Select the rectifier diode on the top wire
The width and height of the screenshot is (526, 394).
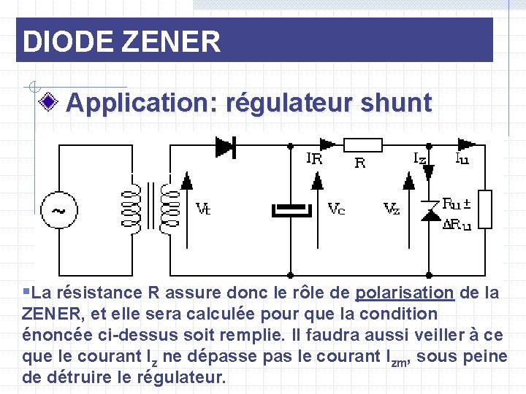click(x=225, y=147)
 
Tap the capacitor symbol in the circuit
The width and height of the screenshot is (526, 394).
click(x=291, y=210)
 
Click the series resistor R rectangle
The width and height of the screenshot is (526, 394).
click(x=362, y=146)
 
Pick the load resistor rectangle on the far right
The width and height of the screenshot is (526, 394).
click(x=484, y=209)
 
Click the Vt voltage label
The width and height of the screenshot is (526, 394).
click(x=204, y=209)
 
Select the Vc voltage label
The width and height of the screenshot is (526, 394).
click(x=336, y=209)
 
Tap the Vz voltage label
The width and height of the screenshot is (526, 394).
click(x=392, y=209)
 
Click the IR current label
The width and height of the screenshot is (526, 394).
click(x=314, y=158)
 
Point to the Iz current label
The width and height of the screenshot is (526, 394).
click(x=420, y=158)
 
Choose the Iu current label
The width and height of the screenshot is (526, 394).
click(x=462, y=158)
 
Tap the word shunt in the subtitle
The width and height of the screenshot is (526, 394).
click(x=399, y=103)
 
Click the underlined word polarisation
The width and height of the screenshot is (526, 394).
click(x=405, y=293)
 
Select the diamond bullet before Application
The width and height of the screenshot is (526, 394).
click(x=50, y=103)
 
